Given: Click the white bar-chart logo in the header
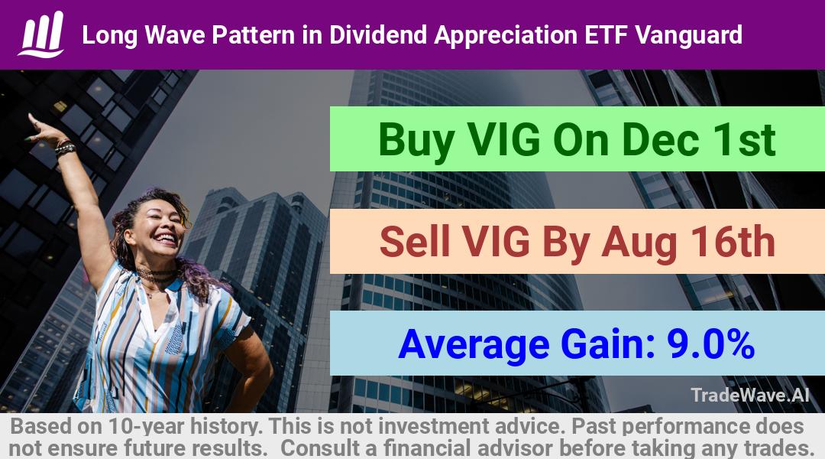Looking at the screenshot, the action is (41, 34).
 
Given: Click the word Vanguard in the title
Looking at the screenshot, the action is (689, 35).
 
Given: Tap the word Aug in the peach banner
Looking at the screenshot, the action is (639, 243).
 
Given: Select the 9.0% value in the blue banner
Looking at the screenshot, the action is (711, 343).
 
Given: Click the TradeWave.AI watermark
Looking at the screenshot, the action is (750, 395).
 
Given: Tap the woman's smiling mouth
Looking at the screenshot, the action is (165, 239).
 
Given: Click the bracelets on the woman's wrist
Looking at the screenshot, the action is (65, 148).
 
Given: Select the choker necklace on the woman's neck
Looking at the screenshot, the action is (154, 275).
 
